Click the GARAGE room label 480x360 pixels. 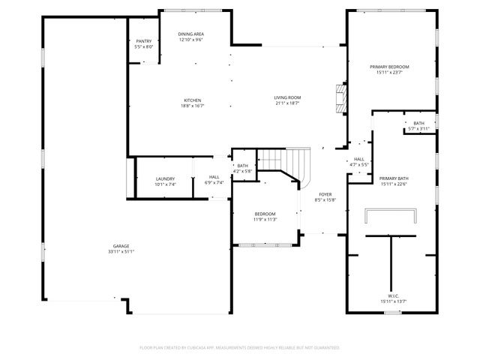121,246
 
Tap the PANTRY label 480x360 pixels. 143,42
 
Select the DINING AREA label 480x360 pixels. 191,34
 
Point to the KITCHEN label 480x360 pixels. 193,100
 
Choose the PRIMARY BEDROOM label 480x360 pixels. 389,67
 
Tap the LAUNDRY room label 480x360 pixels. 165,178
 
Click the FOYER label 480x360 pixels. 325,193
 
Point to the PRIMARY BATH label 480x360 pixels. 393,178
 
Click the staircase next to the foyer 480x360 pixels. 286,162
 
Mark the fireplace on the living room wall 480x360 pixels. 341,97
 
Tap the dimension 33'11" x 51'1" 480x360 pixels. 121,252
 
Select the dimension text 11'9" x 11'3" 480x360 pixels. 264,219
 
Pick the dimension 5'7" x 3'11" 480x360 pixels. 418,129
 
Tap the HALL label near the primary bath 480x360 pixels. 359,159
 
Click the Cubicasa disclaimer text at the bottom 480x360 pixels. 240,347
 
